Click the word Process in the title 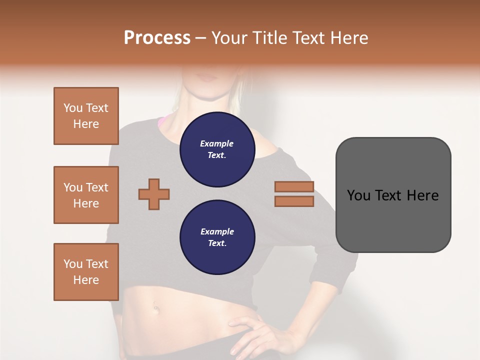click(157, 38)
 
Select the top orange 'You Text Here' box click(86, 116)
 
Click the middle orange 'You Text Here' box click(86, 195)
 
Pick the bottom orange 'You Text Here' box click(86, 272)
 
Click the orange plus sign click(154, 194)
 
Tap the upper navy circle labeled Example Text click(217, 149)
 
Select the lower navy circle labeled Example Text click(217, 237)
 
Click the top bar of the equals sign click(294, 186)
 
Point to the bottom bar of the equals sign click(294, 201)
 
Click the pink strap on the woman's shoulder click(163, 121)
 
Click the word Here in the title click(349, 38)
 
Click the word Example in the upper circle click(217, 143)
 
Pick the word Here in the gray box click(422, 195)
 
